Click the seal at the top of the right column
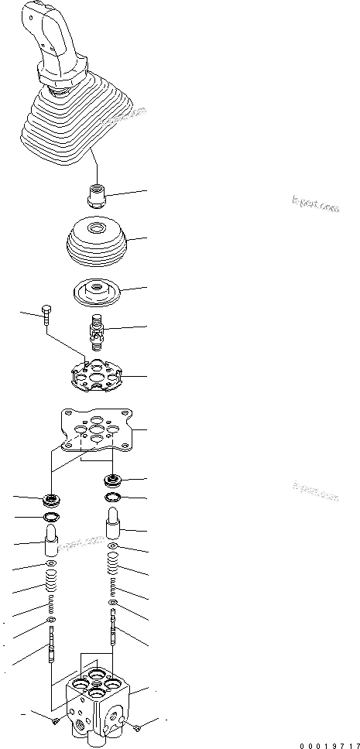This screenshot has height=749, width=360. (x=113, y=480)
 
